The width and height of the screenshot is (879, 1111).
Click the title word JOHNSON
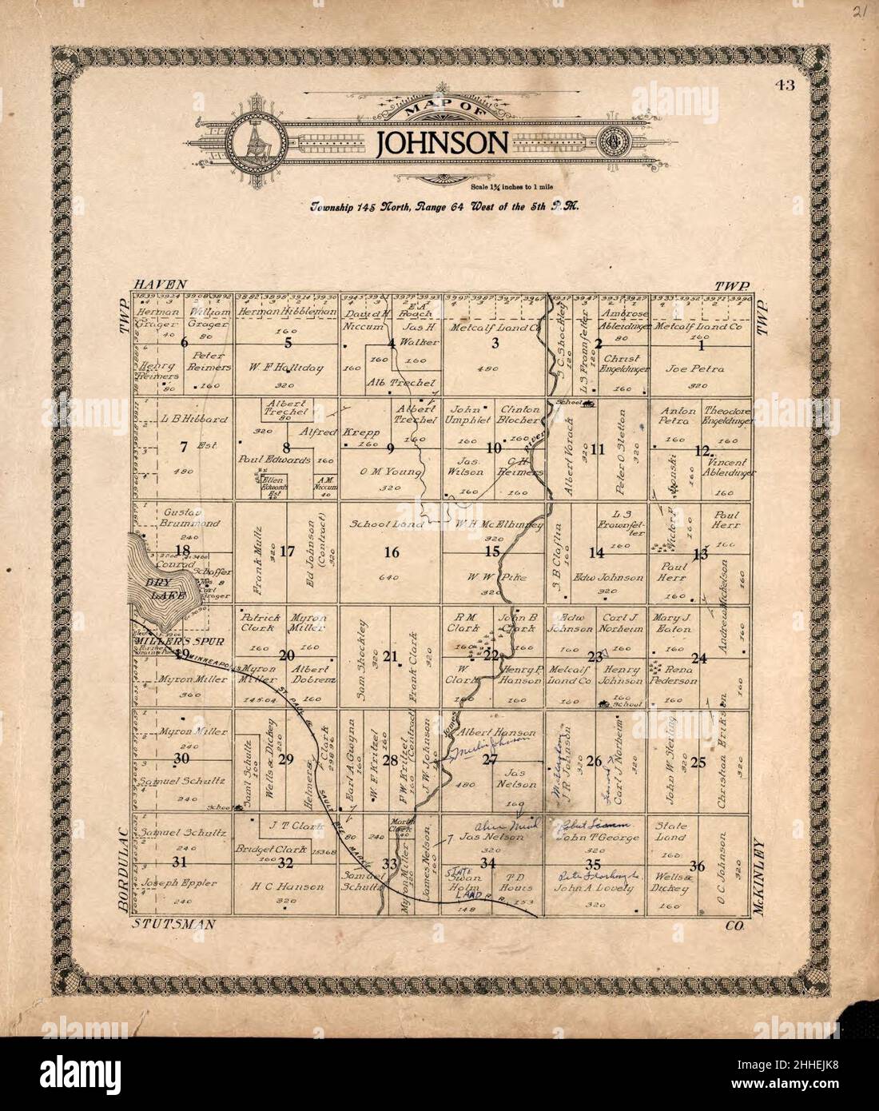point(442,142)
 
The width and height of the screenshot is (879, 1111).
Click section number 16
point(391,552)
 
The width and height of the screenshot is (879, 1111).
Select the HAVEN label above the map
point(161,285)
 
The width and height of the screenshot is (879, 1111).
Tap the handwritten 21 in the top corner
point(859,11)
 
